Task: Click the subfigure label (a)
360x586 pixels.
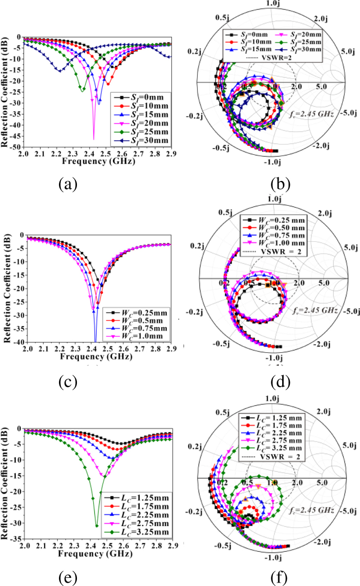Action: pyautogui.click(x=69, y=184)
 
